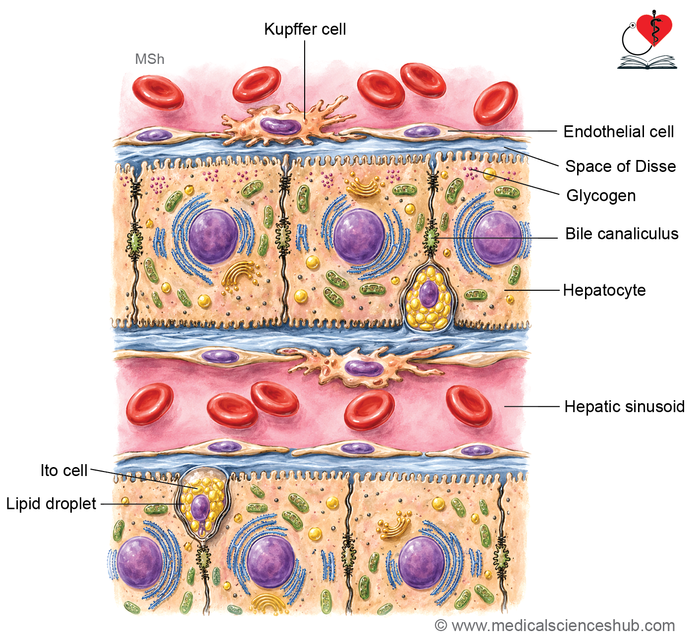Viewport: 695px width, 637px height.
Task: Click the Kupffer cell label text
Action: tap(305, 29)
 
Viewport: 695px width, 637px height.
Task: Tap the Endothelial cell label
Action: tap(618, 132)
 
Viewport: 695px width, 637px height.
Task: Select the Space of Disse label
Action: tap(621, 166)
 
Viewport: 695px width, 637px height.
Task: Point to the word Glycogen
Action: tap(601, 196)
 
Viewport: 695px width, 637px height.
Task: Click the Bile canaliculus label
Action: tap(622, 234)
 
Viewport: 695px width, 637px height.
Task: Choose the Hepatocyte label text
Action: tap(604, 290)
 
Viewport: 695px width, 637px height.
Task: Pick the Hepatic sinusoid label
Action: tap(624, 407)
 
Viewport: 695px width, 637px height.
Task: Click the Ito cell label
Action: tap(64, 470)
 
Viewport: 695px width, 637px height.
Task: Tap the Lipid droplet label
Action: tap(52, 504)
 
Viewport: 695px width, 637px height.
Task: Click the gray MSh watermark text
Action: tap(150, 59)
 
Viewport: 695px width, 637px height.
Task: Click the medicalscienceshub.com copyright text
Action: tap(555, 626)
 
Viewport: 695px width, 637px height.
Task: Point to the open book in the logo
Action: tap(647, 63)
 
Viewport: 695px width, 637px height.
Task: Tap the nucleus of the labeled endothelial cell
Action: tap(422, 131)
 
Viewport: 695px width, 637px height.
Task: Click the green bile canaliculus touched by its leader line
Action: tap(431, 237)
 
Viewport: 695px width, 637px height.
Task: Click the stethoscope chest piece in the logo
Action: tap(632, 25)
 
